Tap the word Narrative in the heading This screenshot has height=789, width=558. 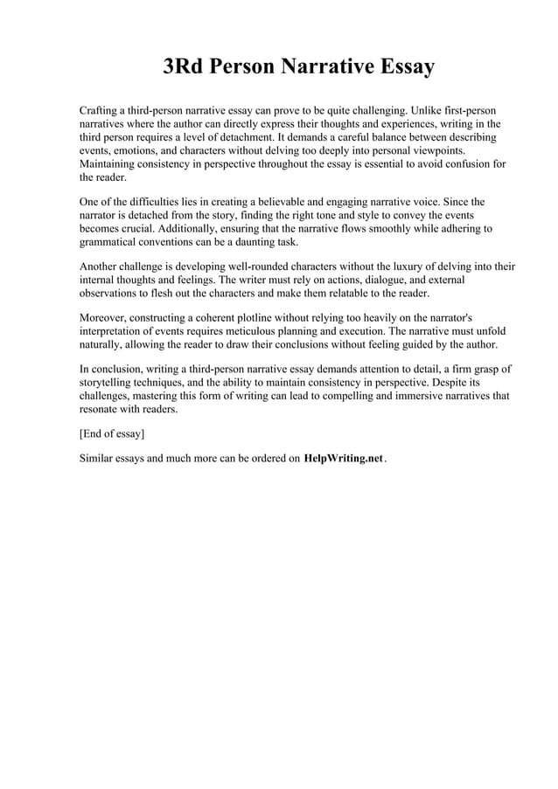click(x=324, y=67)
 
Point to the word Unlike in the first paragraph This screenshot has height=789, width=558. click(x=428, y=112)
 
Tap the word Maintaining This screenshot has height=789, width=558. click(x=110, y=164)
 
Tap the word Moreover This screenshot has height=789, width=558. click(x=107, y=318)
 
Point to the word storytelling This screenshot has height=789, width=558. click(x=111, y=383)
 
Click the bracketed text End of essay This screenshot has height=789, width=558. click(x=112, y=433)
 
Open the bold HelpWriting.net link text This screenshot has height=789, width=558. click(x=344, y=459)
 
